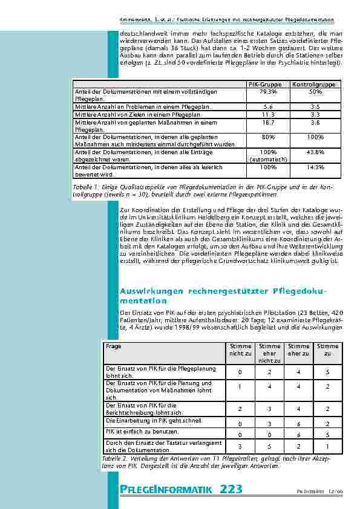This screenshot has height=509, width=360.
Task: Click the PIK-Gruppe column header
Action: [x=267, y=85]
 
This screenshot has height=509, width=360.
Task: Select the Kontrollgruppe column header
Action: [x=315, y=85]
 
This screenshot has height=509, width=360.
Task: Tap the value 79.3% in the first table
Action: [x=267, y=92]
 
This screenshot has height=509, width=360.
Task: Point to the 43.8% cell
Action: [x=315, y=152]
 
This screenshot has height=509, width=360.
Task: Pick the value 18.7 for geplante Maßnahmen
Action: [x=267, y=122]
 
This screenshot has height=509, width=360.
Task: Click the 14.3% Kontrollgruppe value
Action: [x=315, y=167]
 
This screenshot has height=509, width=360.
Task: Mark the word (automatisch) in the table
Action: [x=267, y=159]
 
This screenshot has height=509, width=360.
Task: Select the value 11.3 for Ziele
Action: [x=267, y=114]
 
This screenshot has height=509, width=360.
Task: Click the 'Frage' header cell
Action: [x=113, y=346]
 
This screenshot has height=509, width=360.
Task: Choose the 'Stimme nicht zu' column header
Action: [x=240, y=349]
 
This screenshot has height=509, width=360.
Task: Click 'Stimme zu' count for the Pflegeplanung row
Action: [x=327, y=372]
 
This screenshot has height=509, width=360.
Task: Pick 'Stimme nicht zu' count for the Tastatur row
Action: [x=240, y=447]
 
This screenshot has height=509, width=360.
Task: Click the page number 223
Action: [x=232, y=489]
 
